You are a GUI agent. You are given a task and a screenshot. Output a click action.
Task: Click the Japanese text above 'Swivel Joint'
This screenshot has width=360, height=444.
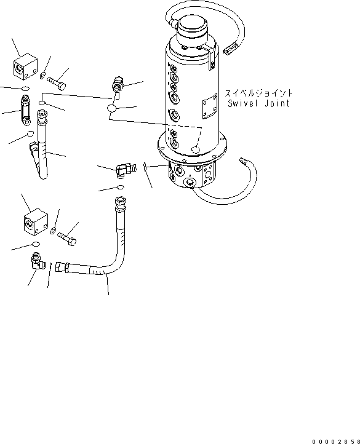coord(258,93)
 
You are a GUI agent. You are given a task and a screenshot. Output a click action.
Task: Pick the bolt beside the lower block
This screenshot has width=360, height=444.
coord(66,238)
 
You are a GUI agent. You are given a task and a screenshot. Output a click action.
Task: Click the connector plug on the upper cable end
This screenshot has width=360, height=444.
coord(231,47)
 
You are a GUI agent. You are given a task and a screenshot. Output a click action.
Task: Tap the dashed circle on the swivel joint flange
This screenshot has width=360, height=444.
coord(196,149)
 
